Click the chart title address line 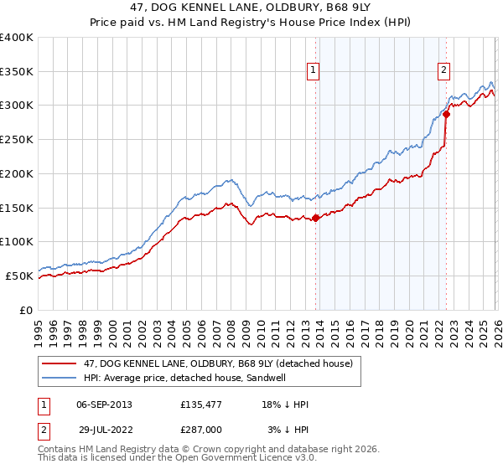click(251, 8)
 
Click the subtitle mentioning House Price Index click(251, 23)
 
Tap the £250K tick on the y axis click(17, 140)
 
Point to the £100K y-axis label click(17, 242)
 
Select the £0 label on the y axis click(25, 310)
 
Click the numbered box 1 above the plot click(313, 71)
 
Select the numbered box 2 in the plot click(443, 71)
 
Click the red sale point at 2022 click(446, 115)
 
